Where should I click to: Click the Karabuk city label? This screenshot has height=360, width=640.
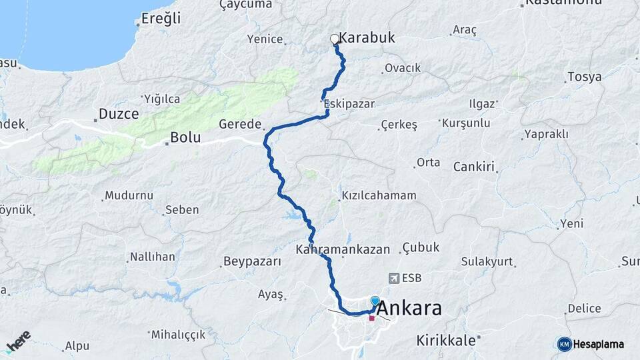367,38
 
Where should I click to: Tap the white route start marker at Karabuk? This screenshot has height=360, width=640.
335,39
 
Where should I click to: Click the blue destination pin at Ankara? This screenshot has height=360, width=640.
375,302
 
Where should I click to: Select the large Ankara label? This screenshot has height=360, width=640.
409,309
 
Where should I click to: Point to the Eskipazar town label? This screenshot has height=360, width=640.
349,104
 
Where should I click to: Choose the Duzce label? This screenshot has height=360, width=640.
119,114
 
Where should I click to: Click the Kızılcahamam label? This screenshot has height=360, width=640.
379,195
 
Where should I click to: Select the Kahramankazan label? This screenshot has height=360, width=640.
343,249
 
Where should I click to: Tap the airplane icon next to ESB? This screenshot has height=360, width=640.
393,278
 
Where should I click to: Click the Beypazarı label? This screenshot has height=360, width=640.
253,261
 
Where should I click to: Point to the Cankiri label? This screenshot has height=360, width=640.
474,166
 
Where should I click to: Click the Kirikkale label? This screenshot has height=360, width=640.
446,340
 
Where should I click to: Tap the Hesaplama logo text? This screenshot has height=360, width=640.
599,344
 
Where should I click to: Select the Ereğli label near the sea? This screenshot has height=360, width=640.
161,19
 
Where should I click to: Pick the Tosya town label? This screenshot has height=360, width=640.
585,77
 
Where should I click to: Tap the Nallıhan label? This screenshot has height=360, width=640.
152,257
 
